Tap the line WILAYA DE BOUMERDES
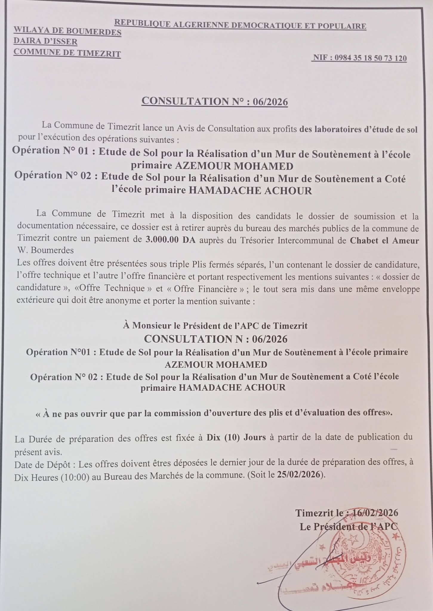point(67,31)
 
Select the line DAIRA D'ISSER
point(45,42)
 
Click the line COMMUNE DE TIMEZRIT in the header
point(67,53)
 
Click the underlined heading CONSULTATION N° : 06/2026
point(215,101)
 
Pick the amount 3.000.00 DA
point(169,240)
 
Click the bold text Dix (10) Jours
point(236,438)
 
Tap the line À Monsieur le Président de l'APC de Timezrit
point(215,326)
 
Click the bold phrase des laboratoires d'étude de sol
point(358,129)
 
